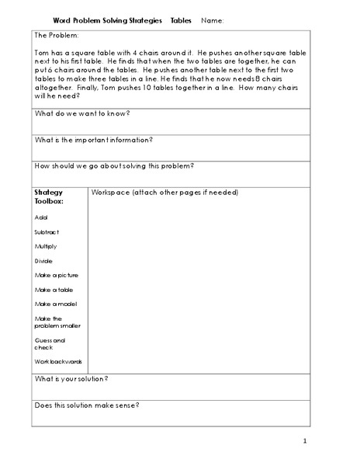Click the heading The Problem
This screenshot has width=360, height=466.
click(57, 36)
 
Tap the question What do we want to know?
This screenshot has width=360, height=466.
click(81, 113)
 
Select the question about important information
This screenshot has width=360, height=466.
click(93, 140)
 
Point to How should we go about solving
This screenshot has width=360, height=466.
click(114, 165)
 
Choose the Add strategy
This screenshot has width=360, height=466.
click(40, 217)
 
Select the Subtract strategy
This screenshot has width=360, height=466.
click(47, 231)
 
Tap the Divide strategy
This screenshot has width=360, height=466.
click(43, 260)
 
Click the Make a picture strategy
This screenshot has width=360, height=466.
click(56, 275)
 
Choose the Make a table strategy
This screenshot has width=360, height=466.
click(52, 289)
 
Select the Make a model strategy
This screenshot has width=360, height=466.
click(55, 303)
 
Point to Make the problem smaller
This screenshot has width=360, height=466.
click(57, 322)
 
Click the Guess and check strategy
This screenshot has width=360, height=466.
click(50, 343)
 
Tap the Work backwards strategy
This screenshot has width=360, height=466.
click(58, 361)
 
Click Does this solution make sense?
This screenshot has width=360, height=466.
click(86, 405)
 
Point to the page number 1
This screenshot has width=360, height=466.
click(306, 442)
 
